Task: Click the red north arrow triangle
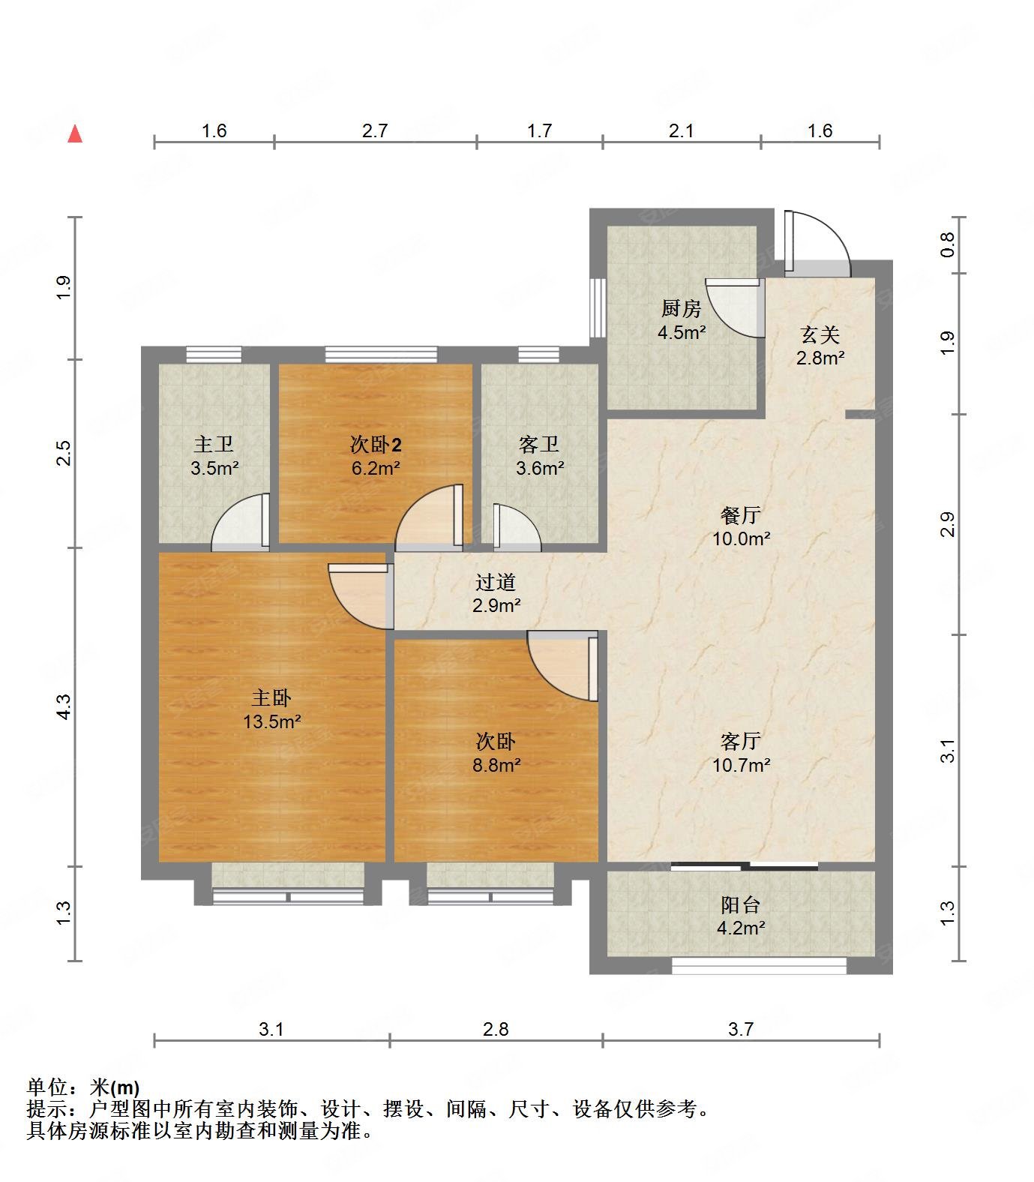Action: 74,134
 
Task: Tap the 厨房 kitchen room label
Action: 681,308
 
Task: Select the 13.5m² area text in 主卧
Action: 271,722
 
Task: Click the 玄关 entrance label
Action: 820,334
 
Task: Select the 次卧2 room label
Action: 375,445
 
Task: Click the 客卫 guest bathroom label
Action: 539,445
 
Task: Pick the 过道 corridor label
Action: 496,582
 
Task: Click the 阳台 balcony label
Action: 741,904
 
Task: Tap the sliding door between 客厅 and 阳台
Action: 744,867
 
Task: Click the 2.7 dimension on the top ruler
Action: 375,130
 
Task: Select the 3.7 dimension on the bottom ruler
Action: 740,1029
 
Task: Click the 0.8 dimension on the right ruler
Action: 948,244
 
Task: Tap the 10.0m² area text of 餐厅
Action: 741,538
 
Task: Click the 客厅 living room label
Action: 741,742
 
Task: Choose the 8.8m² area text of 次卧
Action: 496,765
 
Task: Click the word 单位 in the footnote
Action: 46,1087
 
